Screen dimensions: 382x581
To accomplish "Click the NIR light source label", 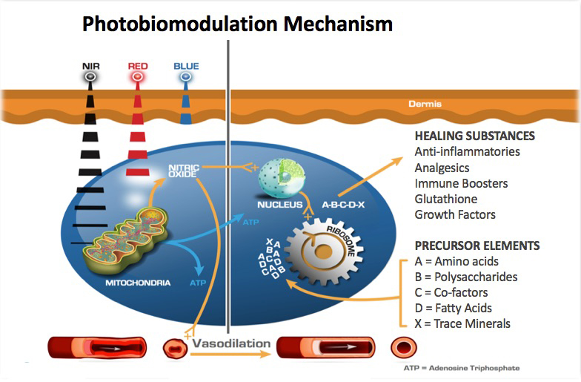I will (x=90, y=66).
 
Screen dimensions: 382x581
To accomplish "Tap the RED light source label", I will (x=138, y=66).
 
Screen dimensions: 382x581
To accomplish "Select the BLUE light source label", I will (x=186, y=66).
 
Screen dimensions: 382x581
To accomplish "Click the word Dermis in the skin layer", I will (x=425, y=104).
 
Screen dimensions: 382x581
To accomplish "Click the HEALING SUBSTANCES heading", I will (x=474, y=136).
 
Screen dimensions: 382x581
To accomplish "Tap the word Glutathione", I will (x=446, y=199).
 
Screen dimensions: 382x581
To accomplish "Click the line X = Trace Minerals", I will (x=463, y=323).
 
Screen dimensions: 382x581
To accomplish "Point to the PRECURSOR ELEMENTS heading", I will (x=477, y=246).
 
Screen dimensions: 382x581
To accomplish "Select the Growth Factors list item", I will (x=455, y=214).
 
